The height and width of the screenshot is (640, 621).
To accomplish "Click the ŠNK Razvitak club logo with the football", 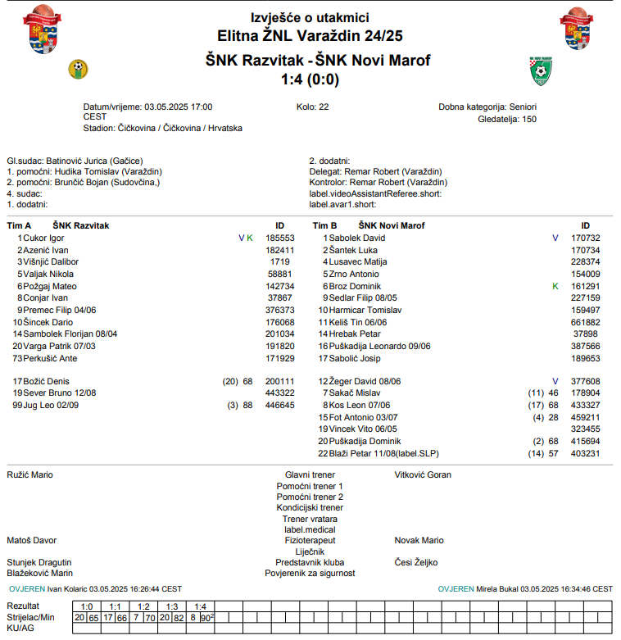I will pyautogui.click(x=79, y=68).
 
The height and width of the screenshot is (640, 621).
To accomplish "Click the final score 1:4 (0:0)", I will pyautogui.click(x=310, y=79).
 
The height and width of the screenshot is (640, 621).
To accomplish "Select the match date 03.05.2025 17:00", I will pyautogui.click(x=178, y=107).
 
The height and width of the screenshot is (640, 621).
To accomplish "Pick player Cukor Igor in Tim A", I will pyautogui.click(x=44, y=238).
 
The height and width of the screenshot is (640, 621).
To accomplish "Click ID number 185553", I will pyautogui.click(x=279, y=238).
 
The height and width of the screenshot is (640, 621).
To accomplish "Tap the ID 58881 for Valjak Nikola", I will pyautogui.click(x=279, y=274).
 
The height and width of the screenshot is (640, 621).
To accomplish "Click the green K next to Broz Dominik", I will pyautogui.click(x=555, y=286).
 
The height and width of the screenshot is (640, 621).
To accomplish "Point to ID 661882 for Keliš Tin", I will pyautogui.click(x=585, y=322).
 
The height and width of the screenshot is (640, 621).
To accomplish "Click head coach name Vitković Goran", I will pyautogui.click(x=423, y=474).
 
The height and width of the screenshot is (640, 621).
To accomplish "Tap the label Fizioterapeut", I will pyautogui.click(x=310, y=540).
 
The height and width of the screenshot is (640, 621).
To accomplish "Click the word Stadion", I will pyautogui.click(x=97, y=128).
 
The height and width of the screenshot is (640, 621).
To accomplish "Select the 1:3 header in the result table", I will pyautogui.click(x=171, y=606).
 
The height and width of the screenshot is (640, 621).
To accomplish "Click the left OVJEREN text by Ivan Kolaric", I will pyautogui.click(x=27, y=588).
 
